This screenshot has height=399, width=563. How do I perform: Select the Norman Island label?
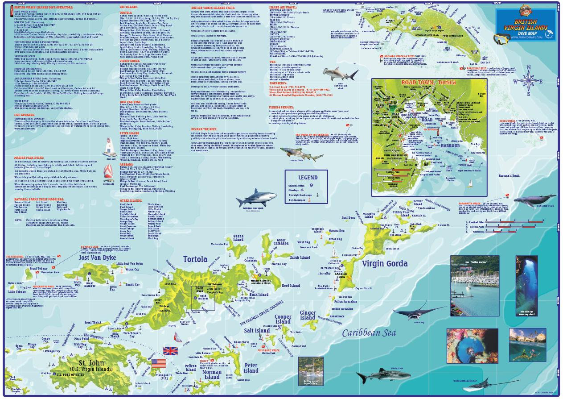click(x=212, y=374)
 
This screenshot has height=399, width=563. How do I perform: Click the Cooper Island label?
click(x=283, y=319)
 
